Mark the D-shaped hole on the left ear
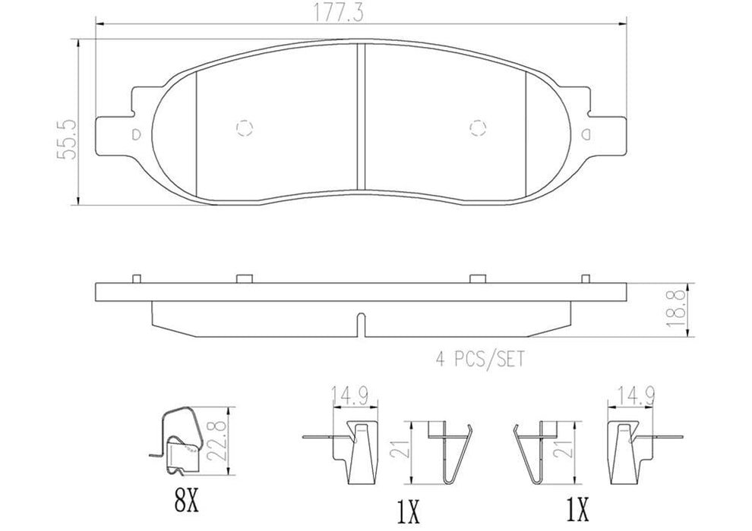[137, 134]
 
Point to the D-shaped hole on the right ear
[585, 134]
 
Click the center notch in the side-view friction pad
[361, 325]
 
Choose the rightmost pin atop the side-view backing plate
[584, 278]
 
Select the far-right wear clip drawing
[627, 448]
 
